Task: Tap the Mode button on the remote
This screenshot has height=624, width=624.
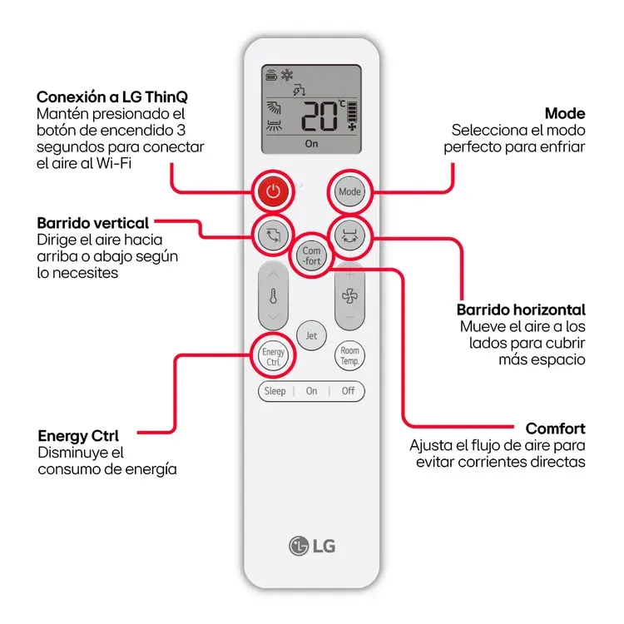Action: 349,192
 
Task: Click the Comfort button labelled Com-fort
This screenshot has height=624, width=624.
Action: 311,255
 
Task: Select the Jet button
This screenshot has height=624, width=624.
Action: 311,336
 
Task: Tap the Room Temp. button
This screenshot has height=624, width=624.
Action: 349,356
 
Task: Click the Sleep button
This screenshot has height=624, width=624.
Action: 275,391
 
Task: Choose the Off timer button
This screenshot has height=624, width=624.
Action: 348,391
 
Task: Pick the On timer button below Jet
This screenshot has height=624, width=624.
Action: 311,391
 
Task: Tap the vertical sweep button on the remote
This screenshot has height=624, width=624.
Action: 273,235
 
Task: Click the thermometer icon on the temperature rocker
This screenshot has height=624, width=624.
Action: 273,297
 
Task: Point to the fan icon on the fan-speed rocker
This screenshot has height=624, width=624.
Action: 349,297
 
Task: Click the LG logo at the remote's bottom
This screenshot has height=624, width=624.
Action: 312,546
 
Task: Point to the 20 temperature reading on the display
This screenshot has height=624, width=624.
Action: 320,117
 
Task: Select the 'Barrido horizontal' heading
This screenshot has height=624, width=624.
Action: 522,310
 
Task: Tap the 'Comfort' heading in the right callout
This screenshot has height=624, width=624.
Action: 555,429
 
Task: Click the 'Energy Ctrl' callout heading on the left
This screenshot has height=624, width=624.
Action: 78,436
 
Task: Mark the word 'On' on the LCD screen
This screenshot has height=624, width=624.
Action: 311,144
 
